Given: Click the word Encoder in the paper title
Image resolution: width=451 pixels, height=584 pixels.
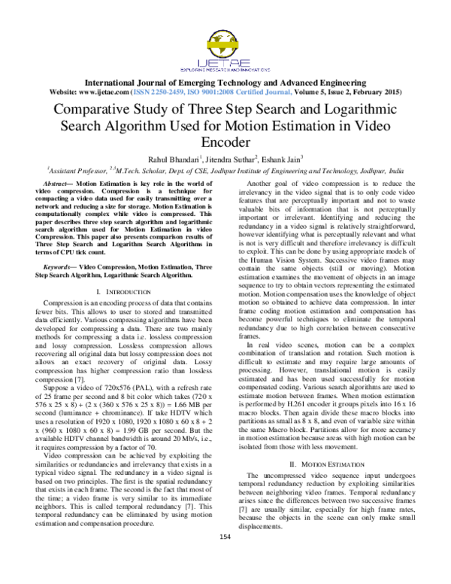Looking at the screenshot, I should pos(225,141).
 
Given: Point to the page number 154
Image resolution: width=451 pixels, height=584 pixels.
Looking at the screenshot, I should pos(225,558).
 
